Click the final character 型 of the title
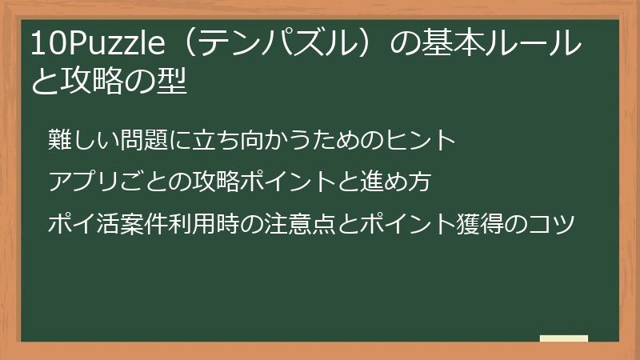174,82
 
